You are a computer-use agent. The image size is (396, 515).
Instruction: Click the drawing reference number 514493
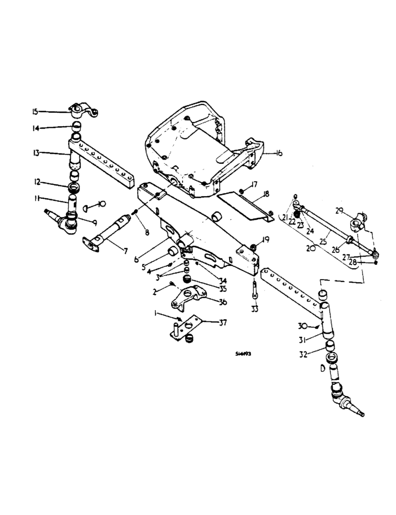pyautogui.click(x=244, y=354)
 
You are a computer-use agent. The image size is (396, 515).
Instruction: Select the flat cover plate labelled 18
pyautogui.click(x=242, y=205)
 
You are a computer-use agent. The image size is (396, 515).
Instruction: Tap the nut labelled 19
pyautogui.click(x=253, y=248)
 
